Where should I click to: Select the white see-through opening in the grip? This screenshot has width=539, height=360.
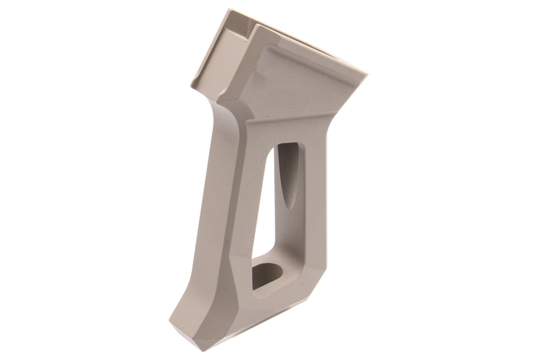point(263,216)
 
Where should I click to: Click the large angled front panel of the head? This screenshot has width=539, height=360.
point(295,85)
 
